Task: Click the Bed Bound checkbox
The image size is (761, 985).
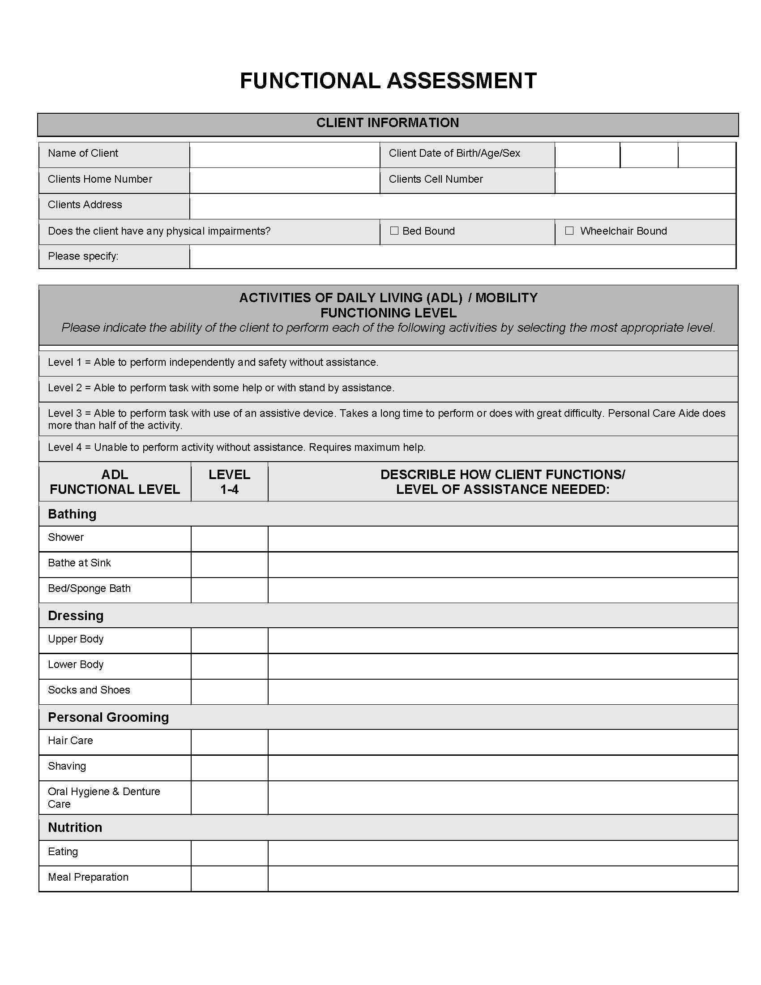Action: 394,231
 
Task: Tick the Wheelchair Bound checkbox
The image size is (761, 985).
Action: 569,231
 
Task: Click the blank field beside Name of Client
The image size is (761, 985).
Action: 284,155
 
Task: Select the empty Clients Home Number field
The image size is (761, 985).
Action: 284,180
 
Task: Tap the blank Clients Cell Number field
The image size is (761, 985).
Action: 645,180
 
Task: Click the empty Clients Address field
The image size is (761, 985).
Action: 462,206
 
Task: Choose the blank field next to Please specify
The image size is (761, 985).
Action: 462,257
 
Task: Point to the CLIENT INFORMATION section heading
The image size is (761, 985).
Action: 388,123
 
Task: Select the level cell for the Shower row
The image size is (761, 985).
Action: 230,539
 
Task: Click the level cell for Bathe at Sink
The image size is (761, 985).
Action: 230,564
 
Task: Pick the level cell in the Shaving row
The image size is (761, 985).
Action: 230,767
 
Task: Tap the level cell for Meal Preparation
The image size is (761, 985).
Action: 230,878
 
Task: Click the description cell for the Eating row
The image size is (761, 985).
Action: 503,853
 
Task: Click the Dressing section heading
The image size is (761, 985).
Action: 76,616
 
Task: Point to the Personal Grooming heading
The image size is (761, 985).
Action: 108,717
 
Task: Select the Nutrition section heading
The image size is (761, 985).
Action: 75,827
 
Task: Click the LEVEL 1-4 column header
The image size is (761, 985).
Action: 230,482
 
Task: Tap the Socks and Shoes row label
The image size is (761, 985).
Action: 89,690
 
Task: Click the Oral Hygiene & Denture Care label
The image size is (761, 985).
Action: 104,797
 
